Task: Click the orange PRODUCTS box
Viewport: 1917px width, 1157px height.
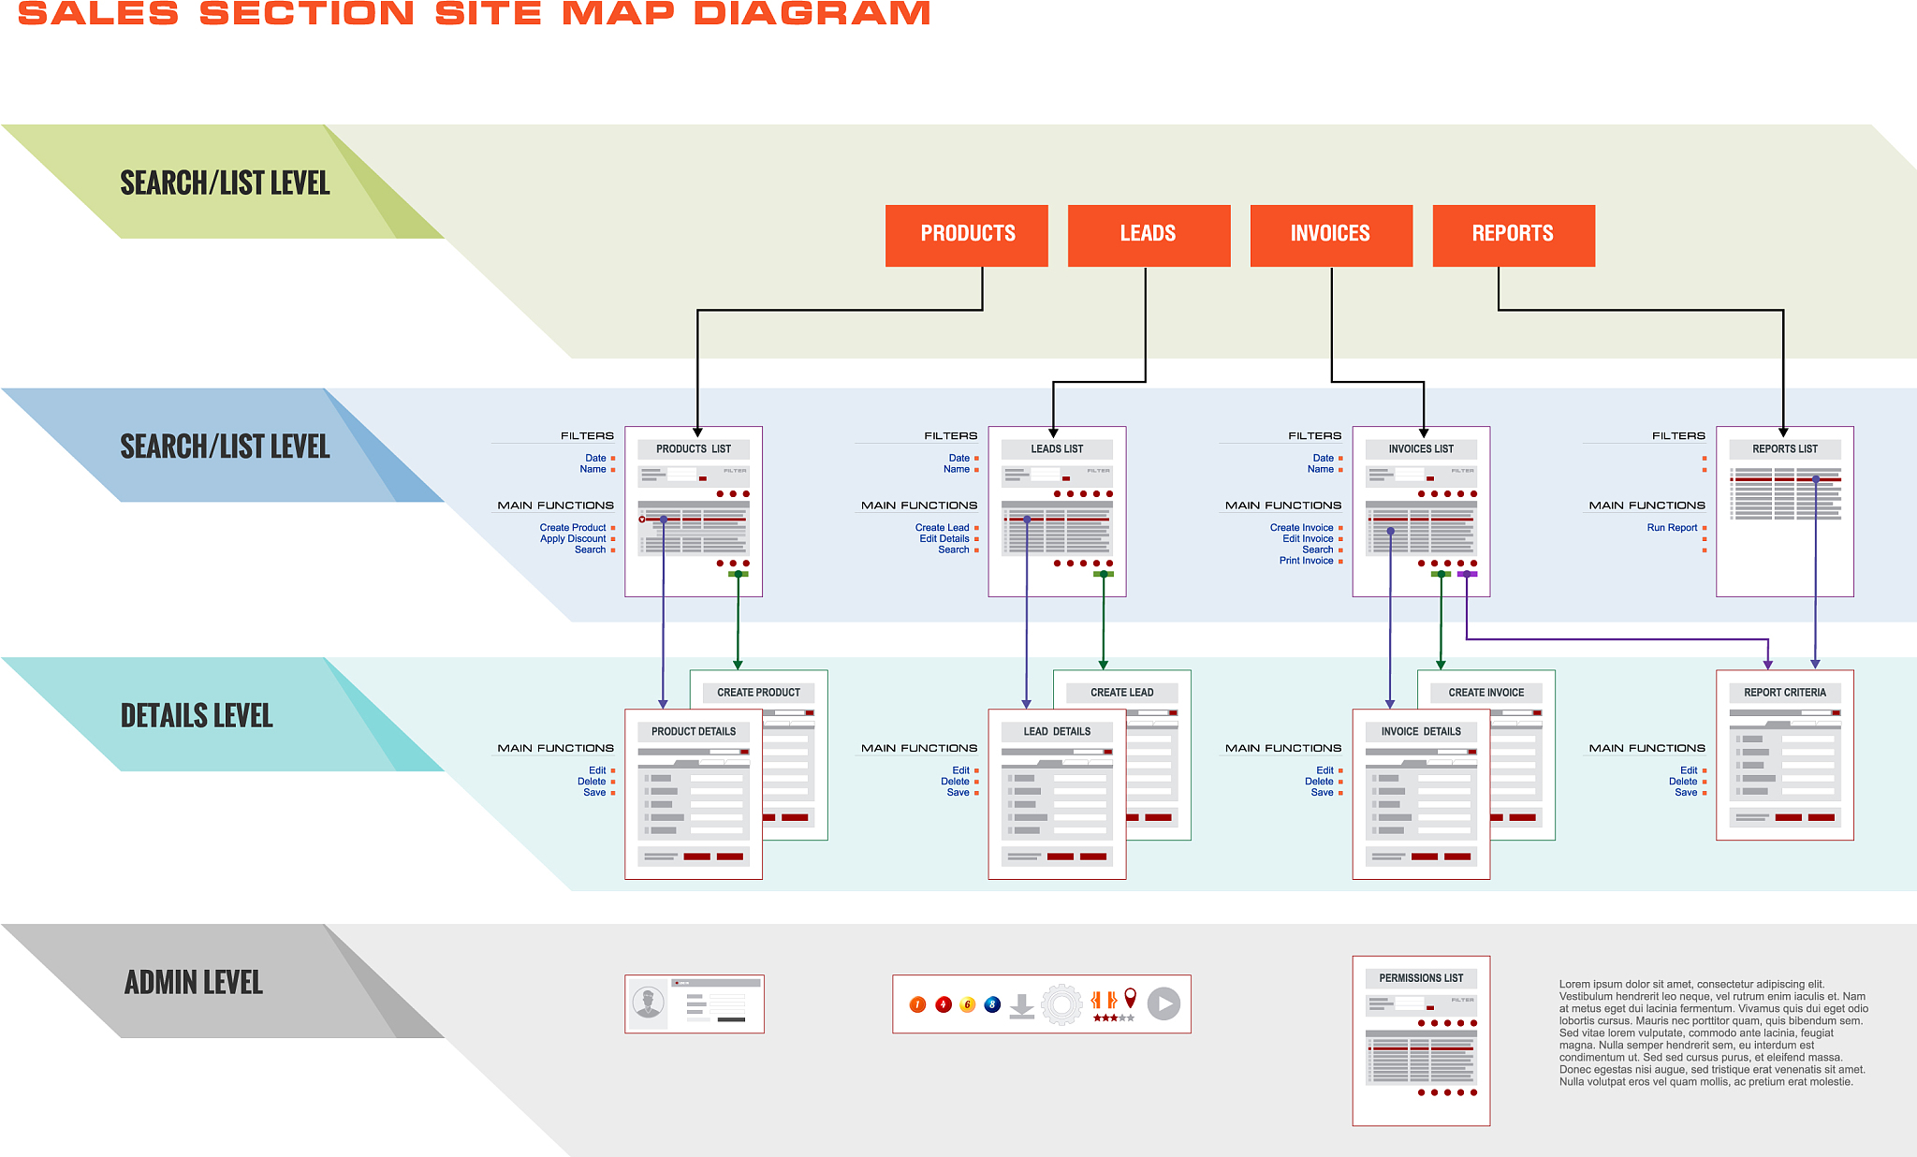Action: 967,235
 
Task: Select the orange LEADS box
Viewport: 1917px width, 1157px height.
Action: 1149,235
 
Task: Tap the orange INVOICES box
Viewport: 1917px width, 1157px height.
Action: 1331,235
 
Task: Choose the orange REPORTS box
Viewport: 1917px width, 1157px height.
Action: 1513,235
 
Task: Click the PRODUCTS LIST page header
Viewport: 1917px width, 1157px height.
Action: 694,449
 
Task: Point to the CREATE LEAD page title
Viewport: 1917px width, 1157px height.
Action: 1121,693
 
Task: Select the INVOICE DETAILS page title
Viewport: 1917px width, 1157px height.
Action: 1421,732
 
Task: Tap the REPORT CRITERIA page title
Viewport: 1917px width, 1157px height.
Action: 1784,693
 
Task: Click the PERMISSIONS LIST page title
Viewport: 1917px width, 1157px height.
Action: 1421,978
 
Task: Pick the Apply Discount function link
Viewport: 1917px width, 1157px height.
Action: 573,539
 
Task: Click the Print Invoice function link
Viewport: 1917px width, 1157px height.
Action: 1306,561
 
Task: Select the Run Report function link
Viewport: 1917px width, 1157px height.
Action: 1672,528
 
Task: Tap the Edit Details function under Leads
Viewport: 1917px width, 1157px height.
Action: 944,539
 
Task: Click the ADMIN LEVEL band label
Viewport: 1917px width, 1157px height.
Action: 194,982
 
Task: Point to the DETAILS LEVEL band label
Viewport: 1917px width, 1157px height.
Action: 197,716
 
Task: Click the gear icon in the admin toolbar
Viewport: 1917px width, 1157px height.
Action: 1061,1004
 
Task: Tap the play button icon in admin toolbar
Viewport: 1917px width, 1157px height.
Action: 1163,1004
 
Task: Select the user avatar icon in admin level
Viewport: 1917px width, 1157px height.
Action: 648,1003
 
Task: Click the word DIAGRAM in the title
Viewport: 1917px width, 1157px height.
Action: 812,13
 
